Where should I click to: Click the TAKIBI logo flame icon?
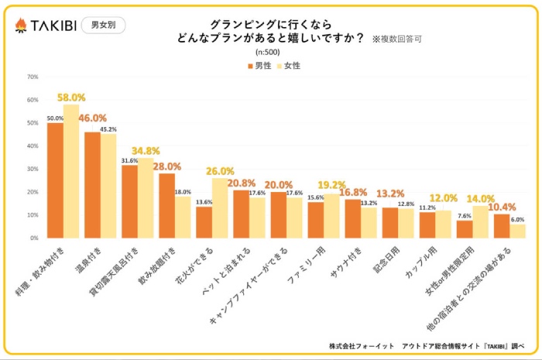pos(21,25)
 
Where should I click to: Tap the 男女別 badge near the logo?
pos(102,25)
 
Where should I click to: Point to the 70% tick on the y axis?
pos(33,77)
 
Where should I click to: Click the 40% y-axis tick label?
pos(33,146)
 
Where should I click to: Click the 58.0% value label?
pos(71,98)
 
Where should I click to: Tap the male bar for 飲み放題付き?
pos(167,205)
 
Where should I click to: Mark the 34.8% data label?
pos(146,150)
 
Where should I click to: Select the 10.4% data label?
pos(502,207)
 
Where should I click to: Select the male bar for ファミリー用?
pos(315,219)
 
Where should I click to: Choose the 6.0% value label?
pos(517,219)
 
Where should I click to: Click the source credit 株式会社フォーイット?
pos(361,345)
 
